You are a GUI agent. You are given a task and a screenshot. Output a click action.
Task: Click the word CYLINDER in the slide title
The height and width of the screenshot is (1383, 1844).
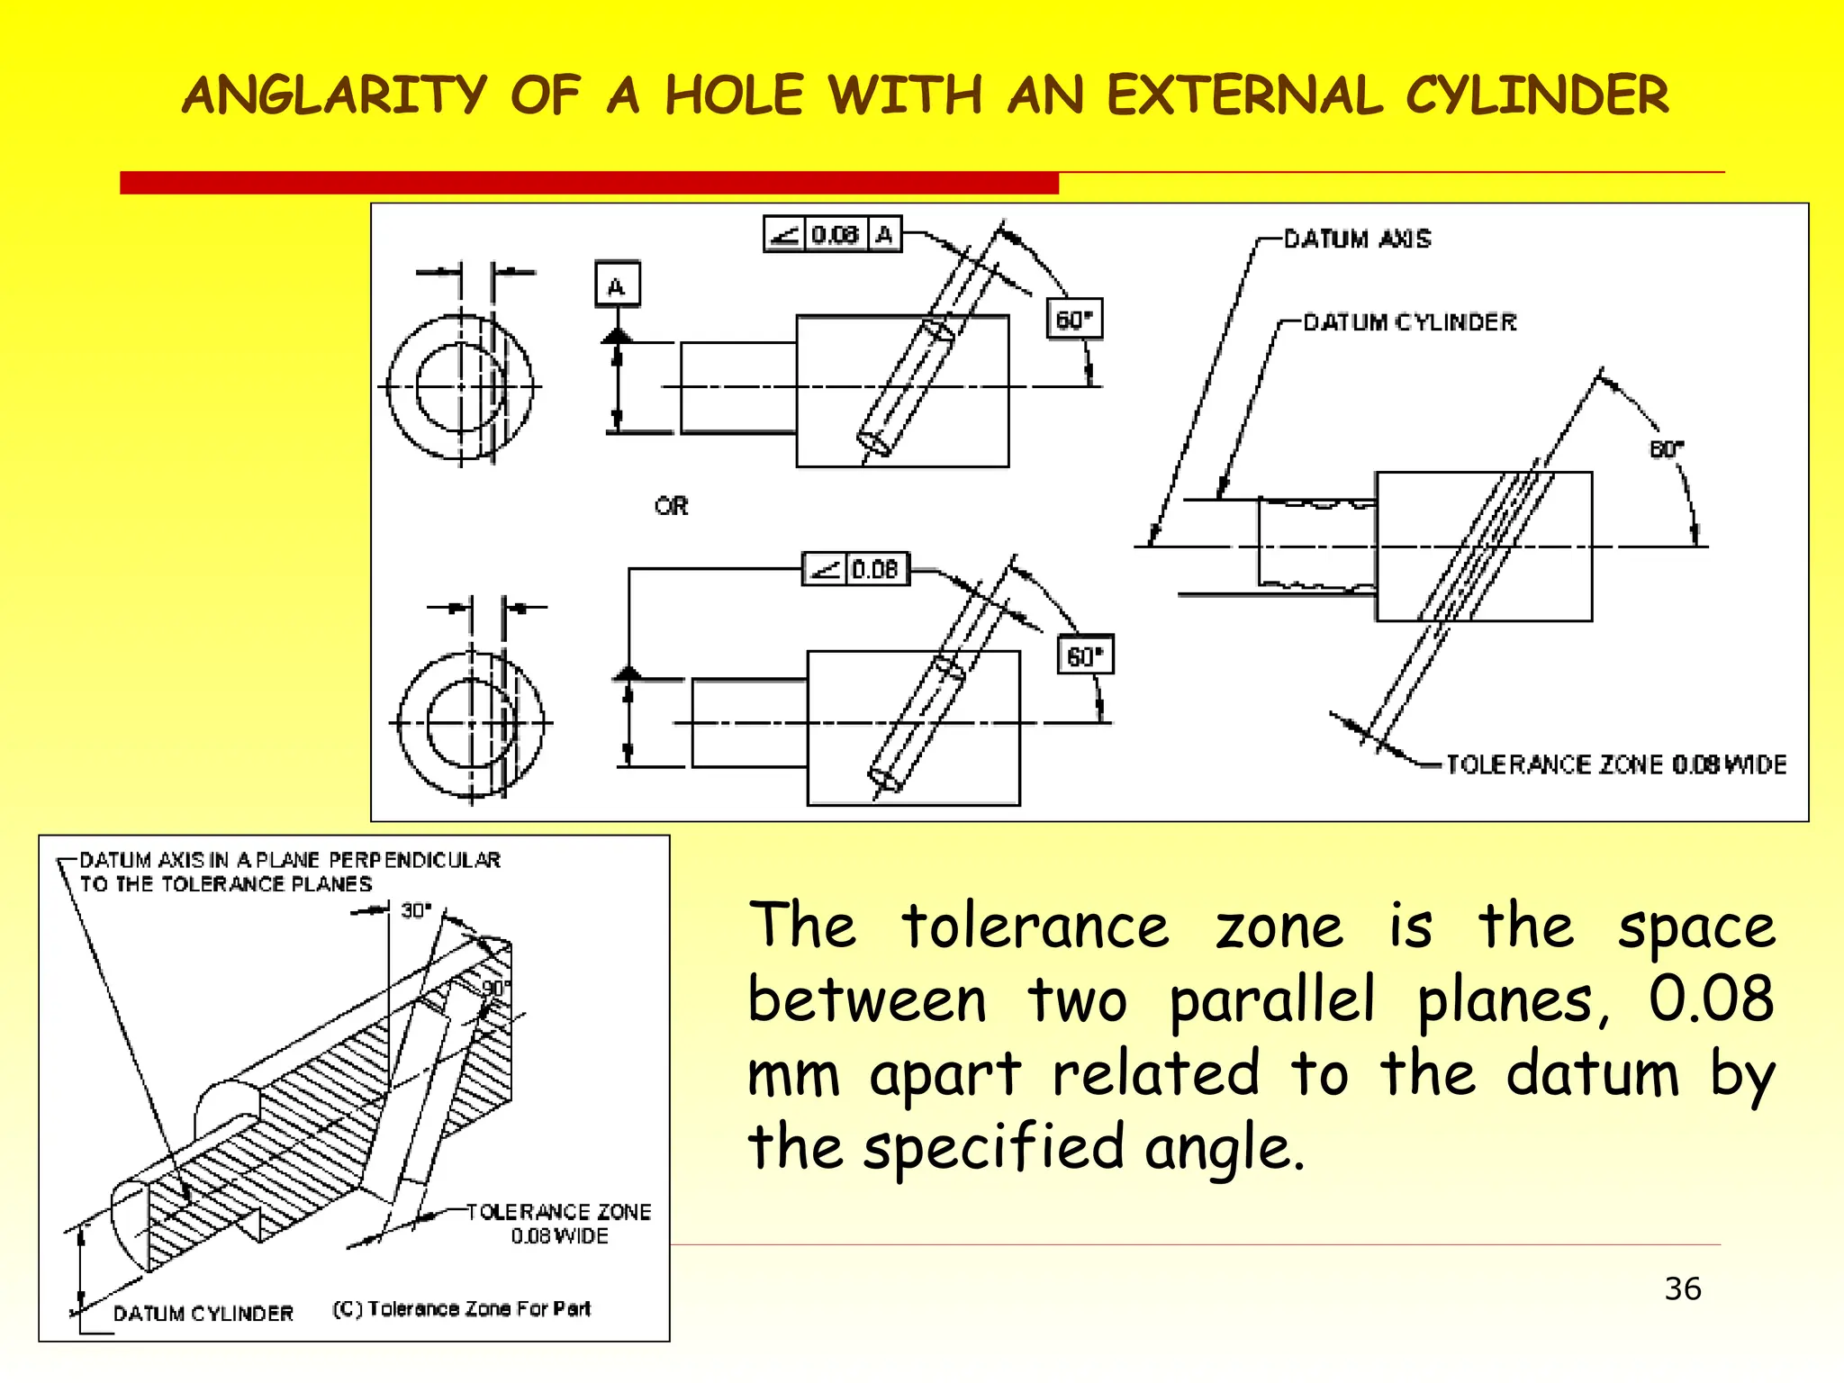(1536, 95)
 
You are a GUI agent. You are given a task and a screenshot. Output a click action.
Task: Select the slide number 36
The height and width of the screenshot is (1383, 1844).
(1682, 1288)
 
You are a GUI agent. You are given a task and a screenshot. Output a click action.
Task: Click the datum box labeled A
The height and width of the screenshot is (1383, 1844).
(617, 285)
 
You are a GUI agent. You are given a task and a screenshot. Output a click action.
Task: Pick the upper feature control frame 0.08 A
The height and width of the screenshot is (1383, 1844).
(832, 235)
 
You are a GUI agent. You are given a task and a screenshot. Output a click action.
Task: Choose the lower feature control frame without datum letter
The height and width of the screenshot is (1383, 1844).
(855, 569)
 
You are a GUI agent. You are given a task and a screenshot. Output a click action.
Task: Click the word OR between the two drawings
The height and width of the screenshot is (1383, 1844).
(672, 506)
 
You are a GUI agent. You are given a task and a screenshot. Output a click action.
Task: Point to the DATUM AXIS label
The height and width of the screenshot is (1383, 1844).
(1357, 239)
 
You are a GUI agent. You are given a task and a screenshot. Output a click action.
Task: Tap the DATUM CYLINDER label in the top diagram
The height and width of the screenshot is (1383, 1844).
(1409, 322)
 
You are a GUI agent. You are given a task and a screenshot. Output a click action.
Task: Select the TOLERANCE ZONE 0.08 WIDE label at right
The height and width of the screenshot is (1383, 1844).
(1615, 764)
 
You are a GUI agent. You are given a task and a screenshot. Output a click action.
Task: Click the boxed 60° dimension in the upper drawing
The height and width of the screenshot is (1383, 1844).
(1074, 320)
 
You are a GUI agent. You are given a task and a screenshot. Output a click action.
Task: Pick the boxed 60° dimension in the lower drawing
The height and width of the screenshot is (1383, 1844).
(1084, 655)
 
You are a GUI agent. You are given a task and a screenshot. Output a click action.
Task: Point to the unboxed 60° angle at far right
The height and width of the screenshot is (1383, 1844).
(1666, 448)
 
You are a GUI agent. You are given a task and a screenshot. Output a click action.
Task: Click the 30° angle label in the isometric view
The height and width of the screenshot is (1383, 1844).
(416, 910)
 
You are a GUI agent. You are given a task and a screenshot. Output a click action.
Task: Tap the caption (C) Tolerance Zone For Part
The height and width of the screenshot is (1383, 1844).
(461, 1309)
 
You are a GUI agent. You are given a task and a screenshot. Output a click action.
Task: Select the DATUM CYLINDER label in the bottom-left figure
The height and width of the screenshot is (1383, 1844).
(203, 1314)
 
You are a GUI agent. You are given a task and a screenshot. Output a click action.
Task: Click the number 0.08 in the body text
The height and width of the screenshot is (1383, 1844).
(1710, 999)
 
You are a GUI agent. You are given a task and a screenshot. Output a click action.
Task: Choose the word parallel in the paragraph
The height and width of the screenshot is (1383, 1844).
(1272, 999)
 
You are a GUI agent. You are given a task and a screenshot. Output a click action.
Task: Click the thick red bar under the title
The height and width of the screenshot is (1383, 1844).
(589, 183)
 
